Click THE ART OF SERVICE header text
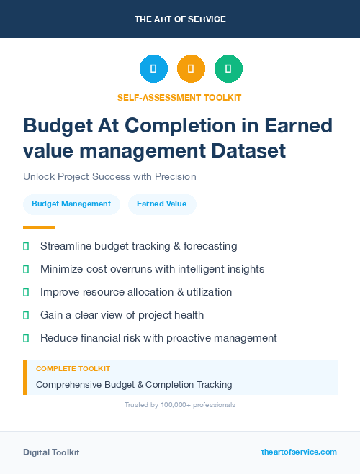click(x=180, y=19)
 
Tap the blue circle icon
click(x=153, y=69)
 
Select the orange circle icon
click(x=191, y=69)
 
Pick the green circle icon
click(x=228, y=69)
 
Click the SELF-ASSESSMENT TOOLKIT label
click(x=179, y=97)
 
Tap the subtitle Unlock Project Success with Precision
click(x=109, y=176)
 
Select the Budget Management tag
click(x=71, y=204)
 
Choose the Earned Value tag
click(x=162, y=204)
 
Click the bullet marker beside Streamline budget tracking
click(x=26, y=246)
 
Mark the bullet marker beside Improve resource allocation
click(x=26, y=292)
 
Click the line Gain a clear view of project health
click(x=122, y=315)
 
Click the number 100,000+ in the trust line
click(x=174, y=405)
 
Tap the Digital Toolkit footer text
click(x=51, y=452)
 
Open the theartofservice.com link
click(x=299, y=452)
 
